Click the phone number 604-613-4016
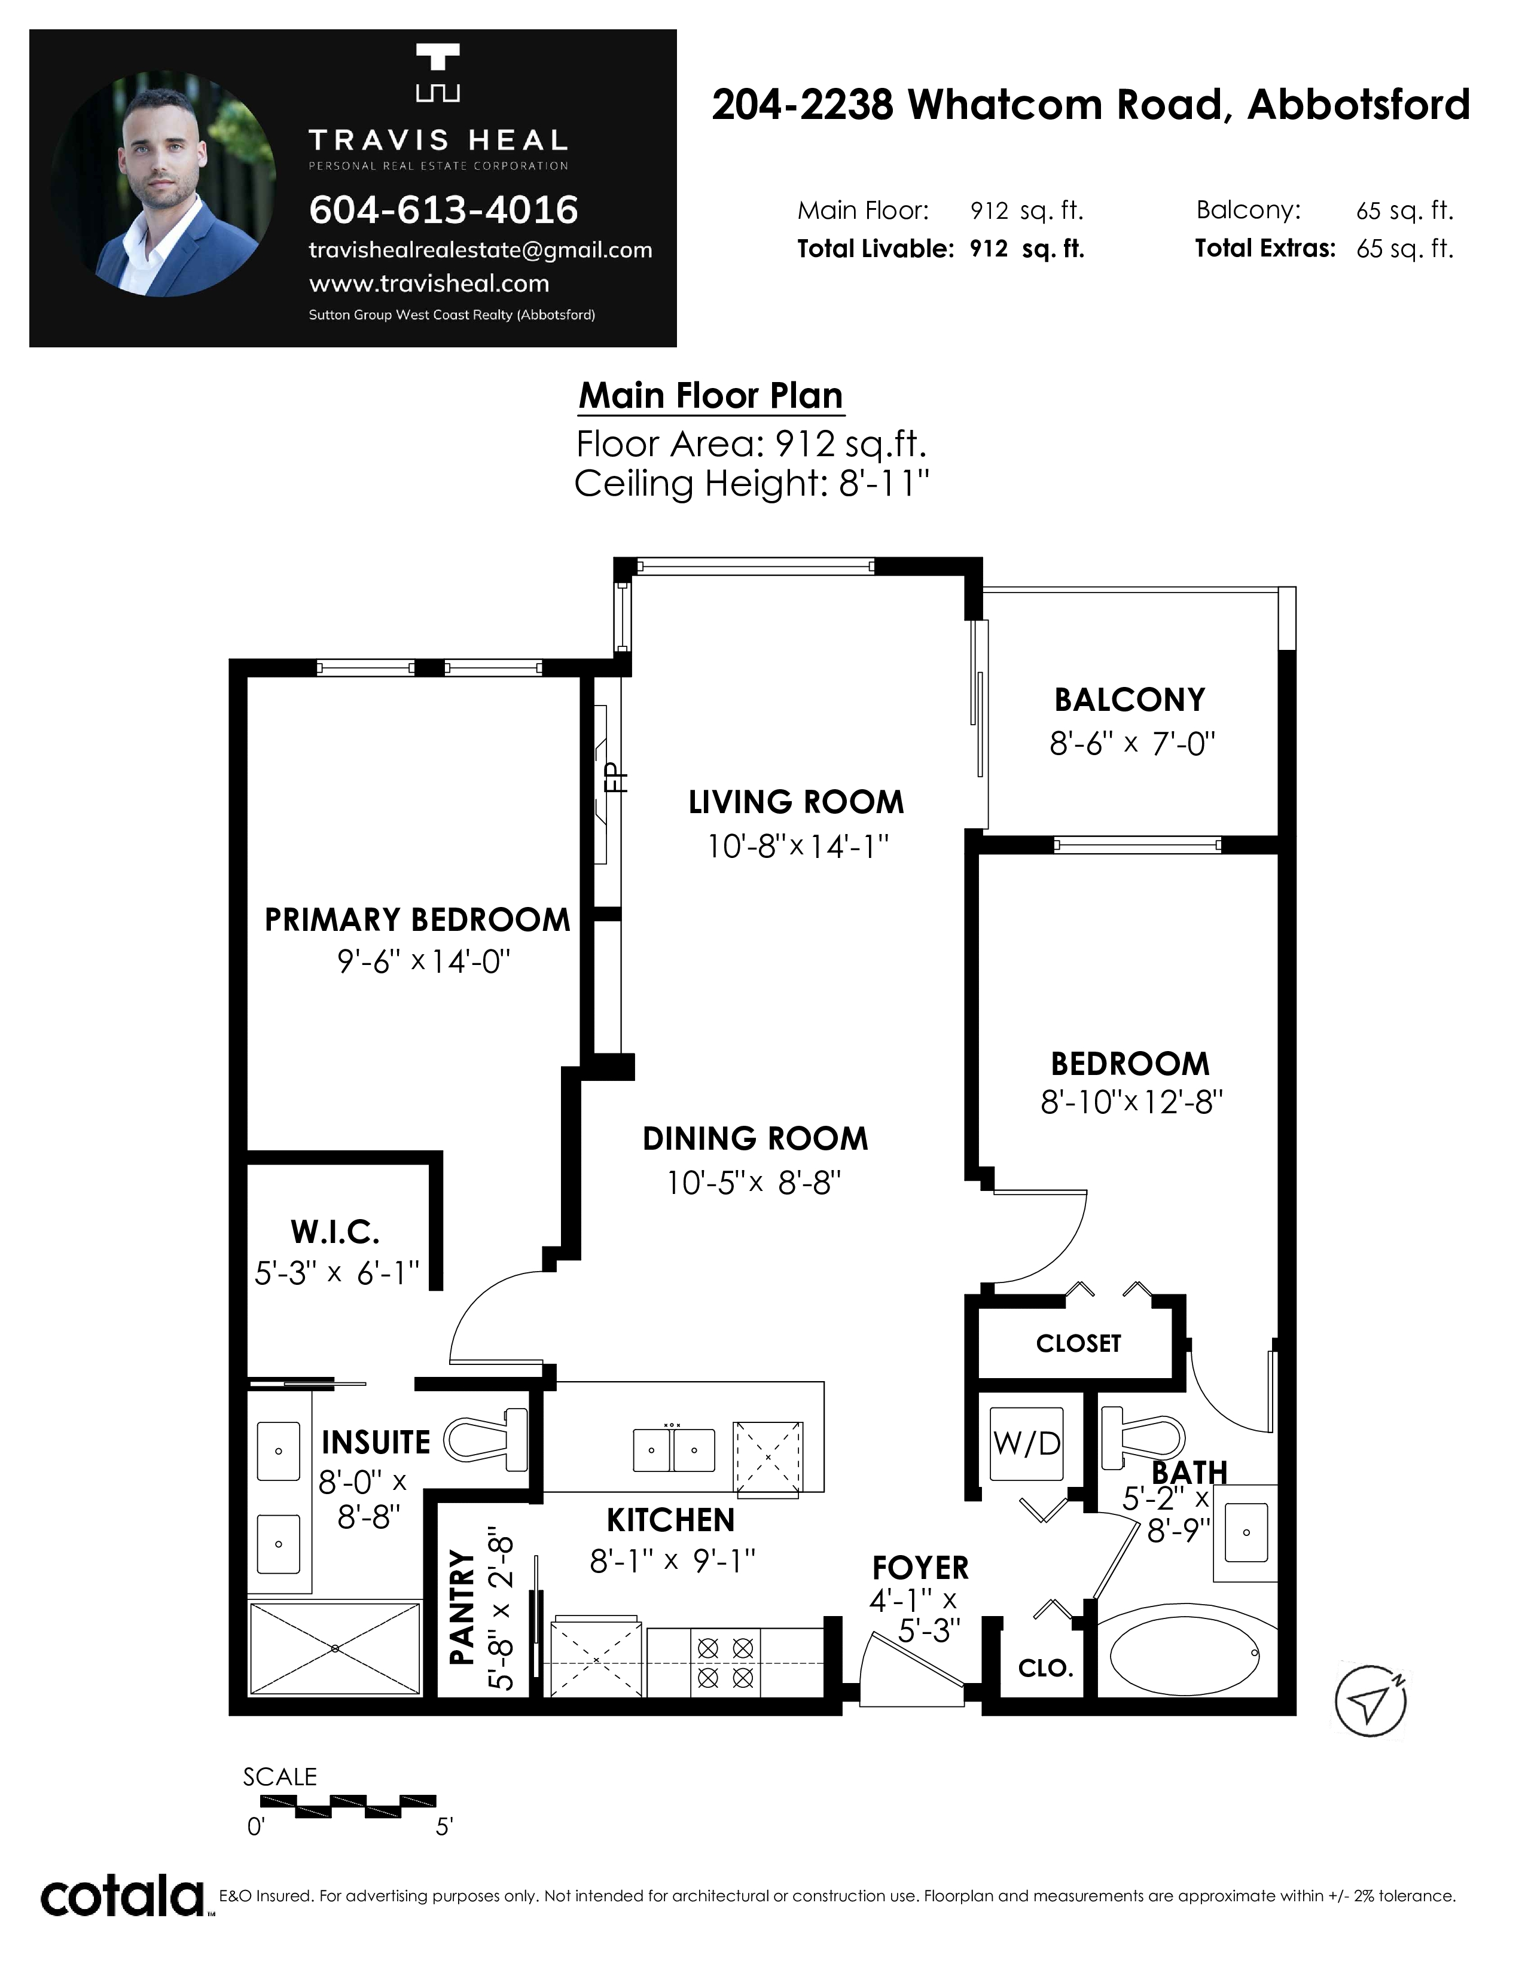point(444,210)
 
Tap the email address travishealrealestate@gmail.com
point(481,251)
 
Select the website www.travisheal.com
point(429,283)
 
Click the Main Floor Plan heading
point(711,396)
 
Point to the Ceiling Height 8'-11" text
point(752,483)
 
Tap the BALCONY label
point(1129,700)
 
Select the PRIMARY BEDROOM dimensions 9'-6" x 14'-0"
point(424,961)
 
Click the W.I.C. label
point(335,1232)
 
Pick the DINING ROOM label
point(755,1139)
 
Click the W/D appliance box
point(1027,1443)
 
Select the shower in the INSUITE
point(335,1649)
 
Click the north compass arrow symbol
point(1371,1700)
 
